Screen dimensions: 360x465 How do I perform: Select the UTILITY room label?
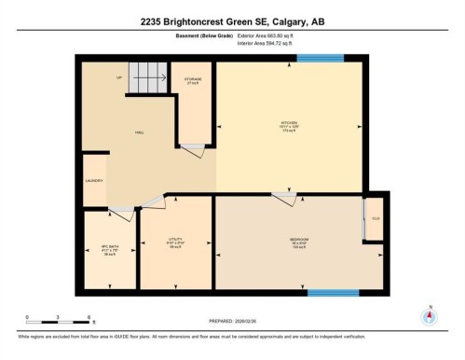tap(173, 240)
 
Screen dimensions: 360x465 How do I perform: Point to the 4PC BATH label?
tap(107, 248)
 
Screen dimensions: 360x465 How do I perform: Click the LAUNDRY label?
tap(93, 180)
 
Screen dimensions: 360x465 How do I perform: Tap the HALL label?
tap(139, 132)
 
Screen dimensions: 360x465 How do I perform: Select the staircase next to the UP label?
tap(147, 77)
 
